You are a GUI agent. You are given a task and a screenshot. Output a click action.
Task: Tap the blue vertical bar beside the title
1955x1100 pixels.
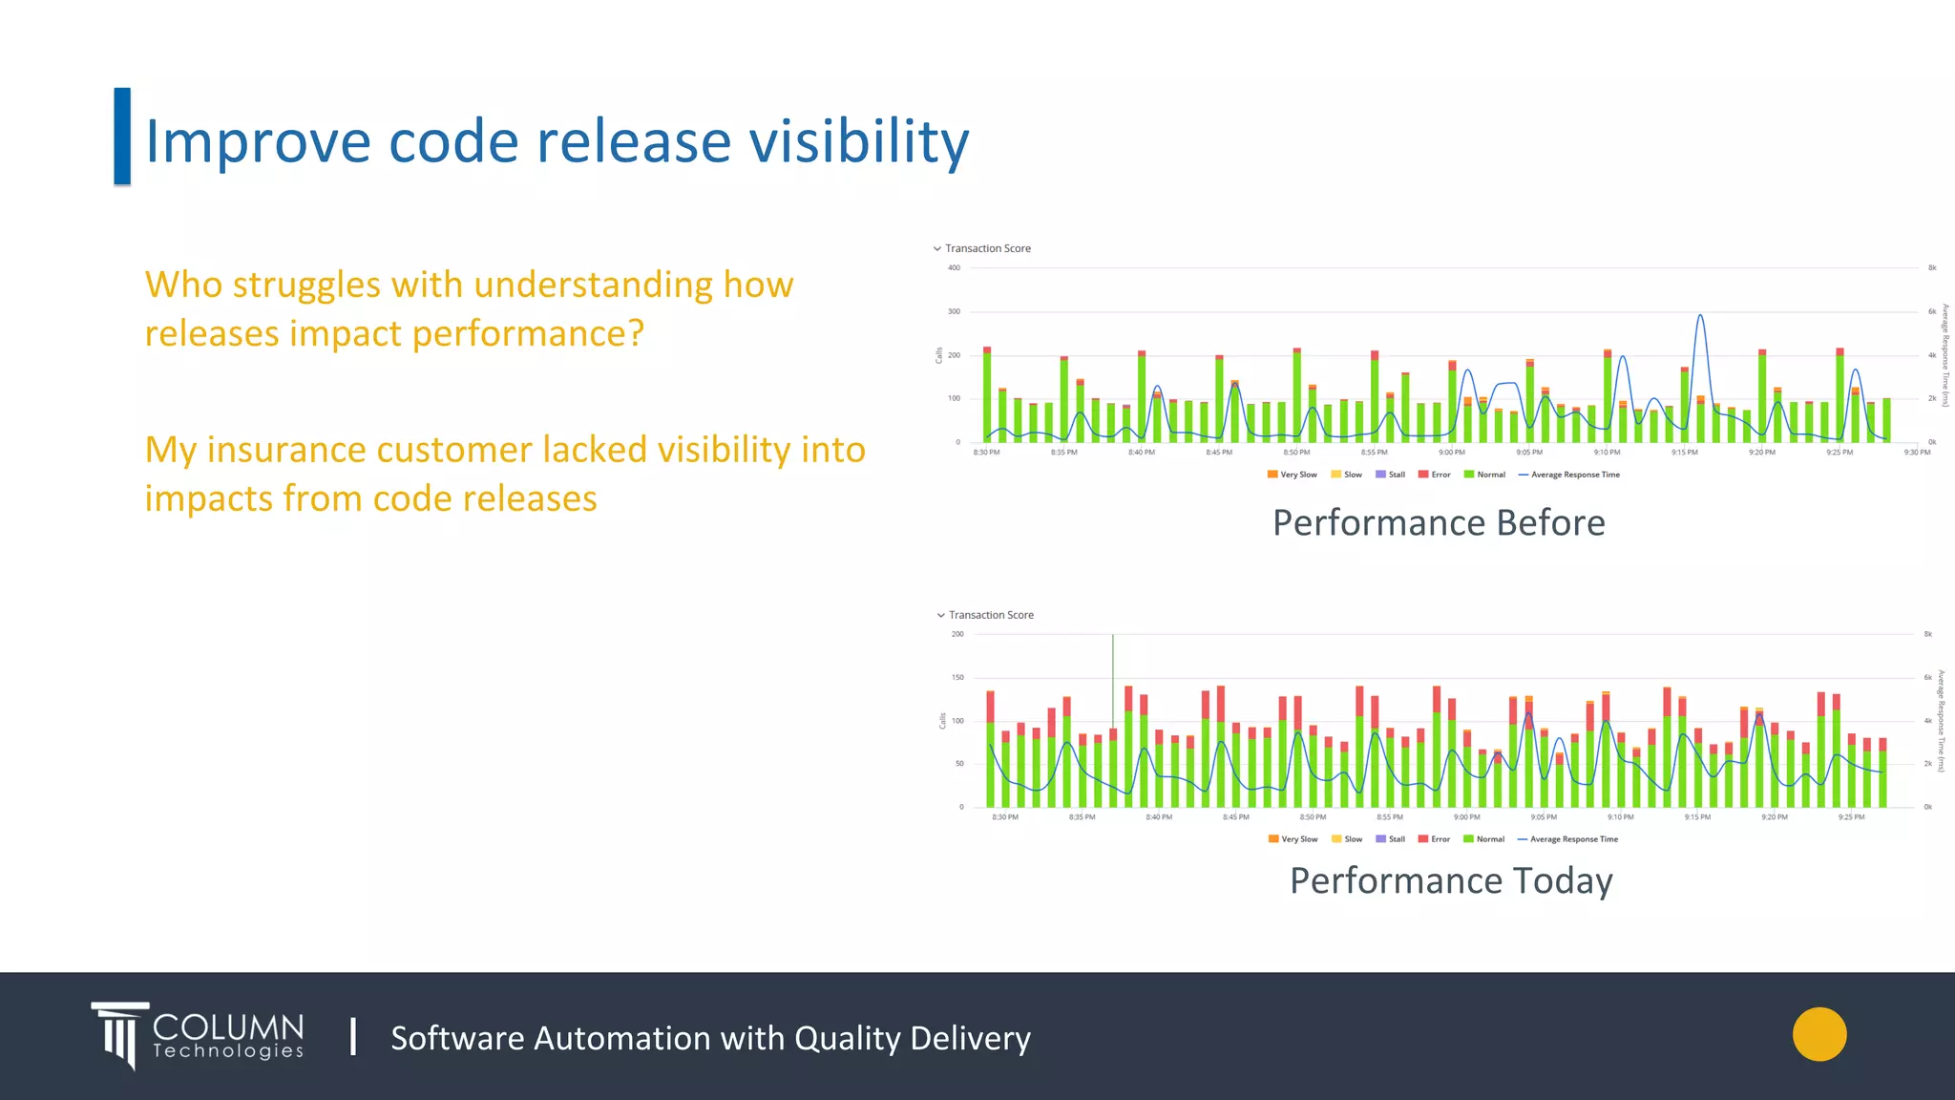click(122, 136)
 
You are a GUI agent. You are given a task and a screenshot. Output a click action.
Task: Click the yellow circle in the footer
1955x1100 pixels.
click(1819, 1034)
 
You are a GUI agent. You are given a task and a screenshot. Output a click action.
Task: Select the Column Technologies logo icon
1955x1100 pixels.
click(120, 1035)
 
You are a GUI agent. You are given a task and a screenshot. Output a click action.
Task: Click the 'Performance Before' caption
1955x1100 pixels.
click(1439, 523)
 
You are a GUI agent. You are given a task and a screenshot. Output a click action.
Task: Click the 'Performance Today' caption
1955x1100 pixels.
click(1451, 880)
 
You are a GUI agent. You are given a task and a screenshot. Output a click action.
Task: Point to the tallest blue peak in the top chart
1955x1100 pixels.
click(1700, 316)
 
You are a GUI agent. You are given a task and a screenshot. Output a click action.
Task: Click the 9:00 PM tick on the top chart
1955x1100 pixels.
click(1451, 453)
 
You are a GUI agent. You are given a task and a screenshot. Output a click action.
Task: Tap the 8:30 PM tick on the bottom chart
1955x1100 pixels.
click(1005, 817)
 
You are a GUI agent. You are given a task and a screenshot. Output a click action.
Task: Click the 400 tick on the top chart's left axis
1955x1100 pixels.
click(954, 267)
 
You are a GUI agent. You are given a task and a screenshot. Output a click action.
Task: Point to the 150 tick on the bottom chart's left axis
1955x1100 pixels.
click(957, 677)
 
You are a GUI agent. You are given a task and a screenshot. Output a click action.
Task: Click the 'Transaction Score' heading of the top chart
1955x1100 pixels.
click(987, 248)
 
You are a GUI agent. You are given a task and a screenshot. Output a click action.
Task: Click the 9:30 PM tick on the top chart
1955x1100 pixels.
click(1917, 453)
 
